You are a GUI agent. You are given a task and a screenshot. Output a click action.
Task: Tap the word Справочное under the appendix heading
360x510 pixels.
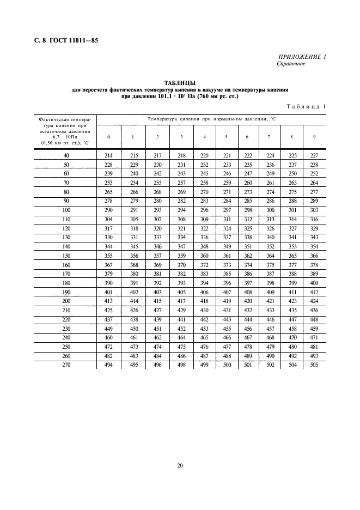291,63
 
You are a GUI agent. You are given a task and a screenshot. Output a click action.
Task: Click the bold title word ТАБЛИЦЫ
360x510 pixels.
180,82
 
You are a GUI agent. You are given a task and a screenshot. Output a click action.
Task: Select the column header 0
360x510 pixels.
109,136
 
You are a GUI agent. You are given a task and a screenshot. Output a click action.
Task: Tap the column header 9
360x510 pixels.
314,136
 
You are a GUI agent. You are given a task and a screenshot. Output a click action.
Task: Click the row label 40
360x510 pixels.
66,156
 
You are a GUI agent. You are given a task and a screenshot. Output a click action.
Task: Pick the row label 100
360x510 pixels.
66,210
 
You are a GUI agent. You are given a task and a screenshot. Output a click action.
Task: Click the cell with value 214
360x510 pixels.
109,156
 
